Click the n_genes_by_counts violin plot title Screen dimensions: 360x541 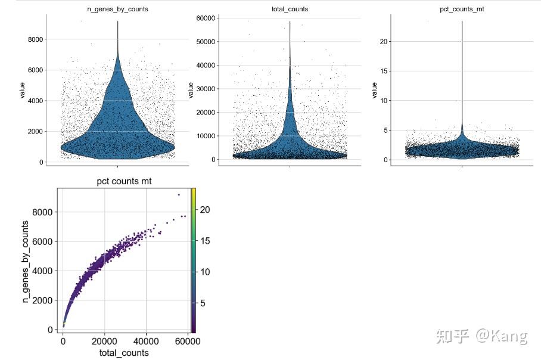click(117, 9)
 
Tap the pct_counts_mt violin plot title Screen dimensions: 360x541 click(462, 9)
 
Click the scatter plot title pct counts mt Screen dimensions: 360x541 click(124, 181)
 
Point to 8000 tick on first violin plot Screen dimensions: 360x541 click(34, 39)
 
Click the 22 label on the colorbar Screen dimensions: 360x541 click(204, 210)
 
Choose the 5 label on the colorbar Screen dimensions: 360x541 click(201, 303)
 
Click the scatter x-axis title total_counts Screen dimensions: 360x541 click(124, 353)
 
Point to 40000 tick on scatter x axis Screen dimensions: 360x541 click(145, 341)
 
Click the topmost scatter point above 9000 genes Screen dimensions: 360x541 click(178, 195)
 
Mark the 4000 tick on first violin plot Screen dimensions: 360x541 click(34, 101)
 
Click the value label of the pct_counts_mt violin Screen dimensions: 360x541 click(374, 90)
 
